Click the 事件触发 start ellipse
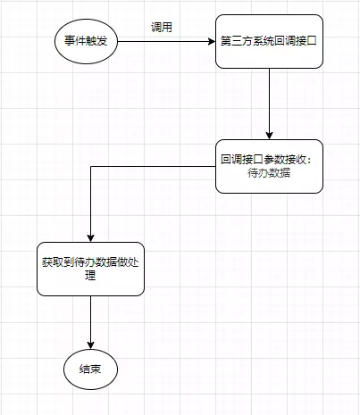tap(86, 41)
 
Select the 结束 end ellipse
tap(90, 369)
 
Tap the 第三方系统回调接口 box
tap(269, 41)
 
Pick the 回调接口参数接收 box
tap(269, 166)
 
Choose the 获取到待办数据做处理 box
tap(90, 269)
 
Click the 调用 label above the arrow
tap(162, 28)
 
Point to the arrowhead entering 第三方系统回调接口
tap(212, 41)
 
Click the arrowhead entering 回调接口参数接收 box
tap(269, 136)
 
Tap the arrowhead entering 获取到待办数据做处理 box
tap(90, 238)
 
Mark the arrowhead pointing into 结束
tap(90, 345)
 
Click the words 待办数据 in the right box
tap(269, 173)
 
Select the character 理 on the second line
tap(90, 276)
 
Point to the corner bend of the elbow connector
tap(90, 167)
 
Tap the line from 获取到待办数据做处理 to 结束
tap(90, 322)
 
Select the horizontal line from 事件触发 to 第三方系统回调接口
tap(166, 41)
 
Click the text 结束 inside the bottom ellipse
tap(90, 369)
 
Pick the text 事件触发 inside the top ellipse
tap(86, 41)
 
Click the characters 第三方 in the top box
tap(237, 41)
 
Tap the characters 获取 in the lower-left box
tap(53, 262)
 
